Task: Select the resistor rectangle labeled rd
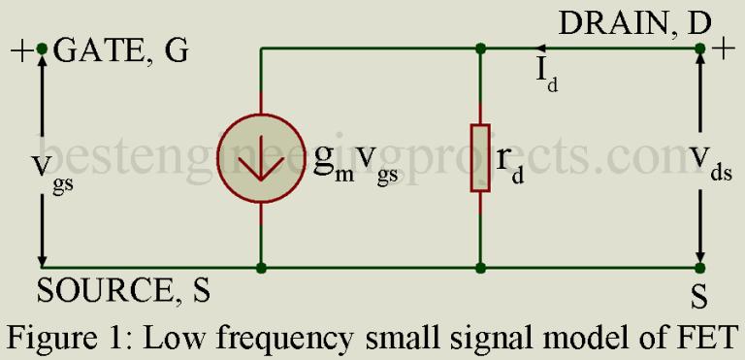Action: point(480,158)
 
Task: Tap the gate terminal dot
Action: point(42,48)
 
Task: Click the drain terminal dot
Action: point(699,48)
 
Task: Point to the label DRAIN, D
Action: point(634,22)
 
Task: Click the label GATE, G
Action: point(121,50)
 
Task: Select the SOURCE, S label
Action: point(123,290)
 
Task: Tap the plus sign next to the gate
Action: point(21,49)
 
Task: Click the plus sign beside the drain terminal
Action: point(724,49)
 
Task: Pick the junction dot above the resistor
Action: point(480,48)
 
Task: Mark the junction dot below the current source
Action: point(261,268)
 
